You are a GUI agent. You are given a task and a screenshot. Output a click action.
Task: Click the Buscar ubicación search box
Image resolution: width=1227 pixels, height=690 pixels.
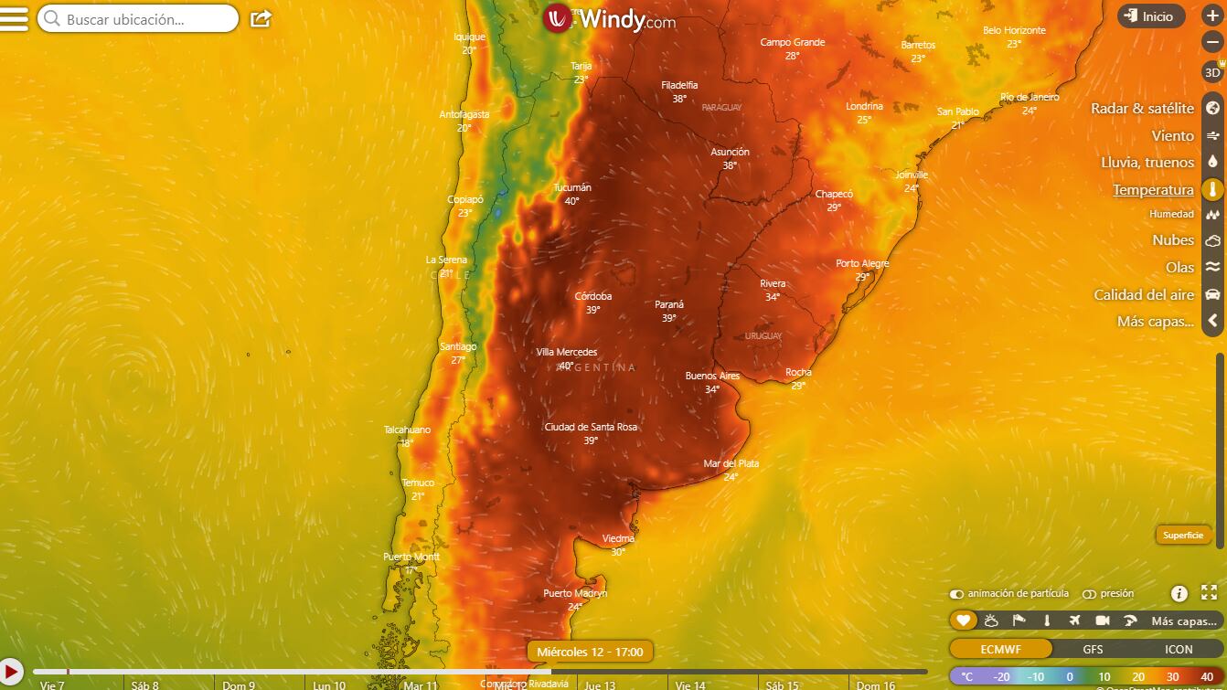(137, 18)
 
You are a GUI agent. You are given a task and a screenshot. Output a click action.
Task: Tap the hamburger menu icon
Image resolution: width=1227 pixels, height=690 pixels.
(14, 19)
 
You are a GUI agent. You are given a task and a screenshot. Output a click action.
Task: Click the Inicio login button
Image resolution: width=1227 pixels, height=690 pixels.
(1150, 16)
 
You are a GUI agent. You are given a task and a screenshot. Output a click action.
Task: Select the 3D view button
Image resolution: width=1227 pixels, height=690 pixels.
(1212, 72)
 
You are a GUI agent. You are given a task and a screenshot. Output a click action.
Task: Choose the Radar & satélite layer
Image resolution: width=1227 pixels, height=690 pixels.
(1142, 109)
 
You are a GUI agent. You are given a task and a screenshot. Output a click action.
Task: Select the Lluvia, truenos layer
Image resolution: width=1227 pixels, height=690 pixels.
(1147, 163)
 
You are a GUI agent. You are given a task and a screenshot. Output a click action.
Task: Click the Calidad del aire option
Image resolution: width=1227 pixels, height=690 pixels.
(1144, 295)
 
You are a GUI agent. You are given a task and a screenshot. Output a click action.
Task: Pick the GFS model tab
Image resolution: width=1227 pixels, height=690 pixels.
(1093, 649)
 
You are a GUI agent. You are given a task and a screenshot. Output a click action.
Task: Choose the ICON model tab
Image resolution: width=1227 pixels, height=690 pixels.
(1178, 649)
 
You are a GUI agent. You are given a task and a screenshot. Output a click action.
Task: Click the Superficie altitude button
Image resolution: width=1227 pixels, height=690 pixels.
(1183, 536)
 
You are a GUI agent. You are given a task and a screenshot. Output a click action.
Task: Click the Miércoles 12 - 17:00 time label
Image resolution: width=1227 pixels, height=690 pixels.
(590, 652)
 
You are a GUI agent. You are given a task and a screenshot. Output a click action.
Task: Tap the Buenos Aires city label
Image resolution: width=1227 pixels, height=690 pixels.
(712, 377)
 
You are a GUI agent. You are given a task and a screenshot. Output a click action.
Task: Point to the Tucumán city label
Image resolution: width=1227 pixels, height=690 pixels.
(572, 188)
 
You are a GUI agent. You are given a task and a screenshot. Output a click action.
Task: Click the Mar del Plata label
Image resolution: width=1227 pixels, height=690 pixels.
(731, 464)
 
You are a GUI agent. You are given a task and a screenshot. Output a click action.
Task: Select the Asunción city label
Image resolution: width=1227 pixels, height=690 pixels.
(730, 153)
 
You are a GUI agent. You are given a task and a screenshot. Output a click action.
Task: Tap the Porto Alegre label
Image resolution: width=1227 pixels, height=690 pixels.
(862, 264)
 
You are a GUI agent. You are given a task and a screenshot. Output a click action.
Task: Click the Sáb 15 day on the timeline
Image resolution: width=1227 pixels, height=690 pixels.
(782, 685)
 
